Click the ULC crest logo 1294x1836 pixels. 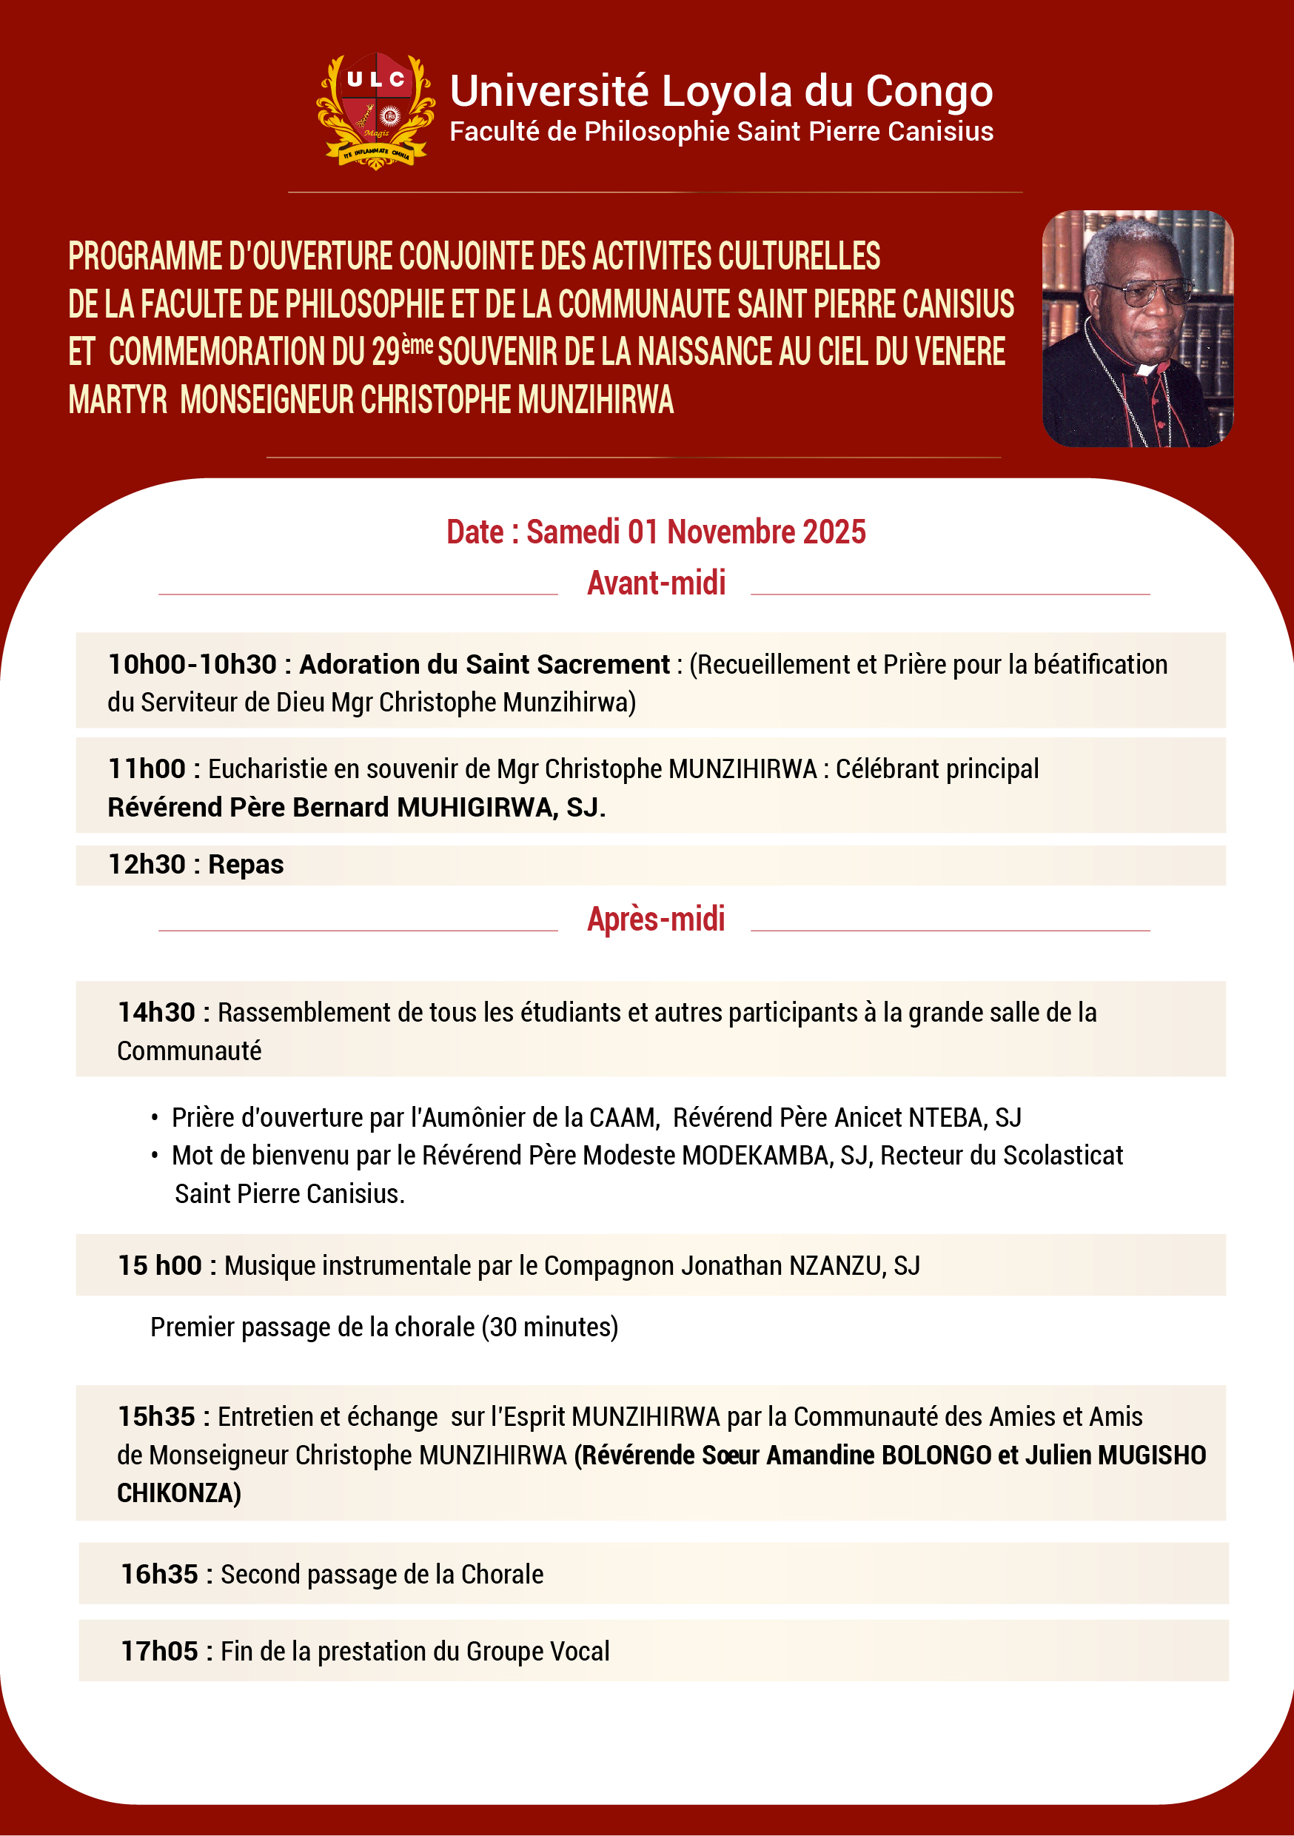coord(375,110)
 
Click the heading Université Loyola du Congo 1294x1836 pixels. coord(720,91)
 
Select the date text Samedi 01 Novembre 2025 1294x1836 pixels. coord(695,532)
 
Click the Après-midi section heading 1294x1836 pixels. coord(656,919)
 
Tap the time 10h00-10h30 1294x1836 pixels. coord(192,665)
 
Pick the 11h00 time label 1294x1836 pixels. coord(147,769)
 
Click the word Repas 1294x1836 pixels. coord(246,865)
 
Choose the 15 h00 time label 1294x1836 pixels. coord(160,1266)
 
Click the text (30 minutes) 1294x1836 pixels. coord(549,1327)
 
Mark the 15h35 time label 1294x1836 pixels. coord(156,1417)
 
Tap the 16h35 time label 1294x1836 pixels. coord(159,1575)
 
